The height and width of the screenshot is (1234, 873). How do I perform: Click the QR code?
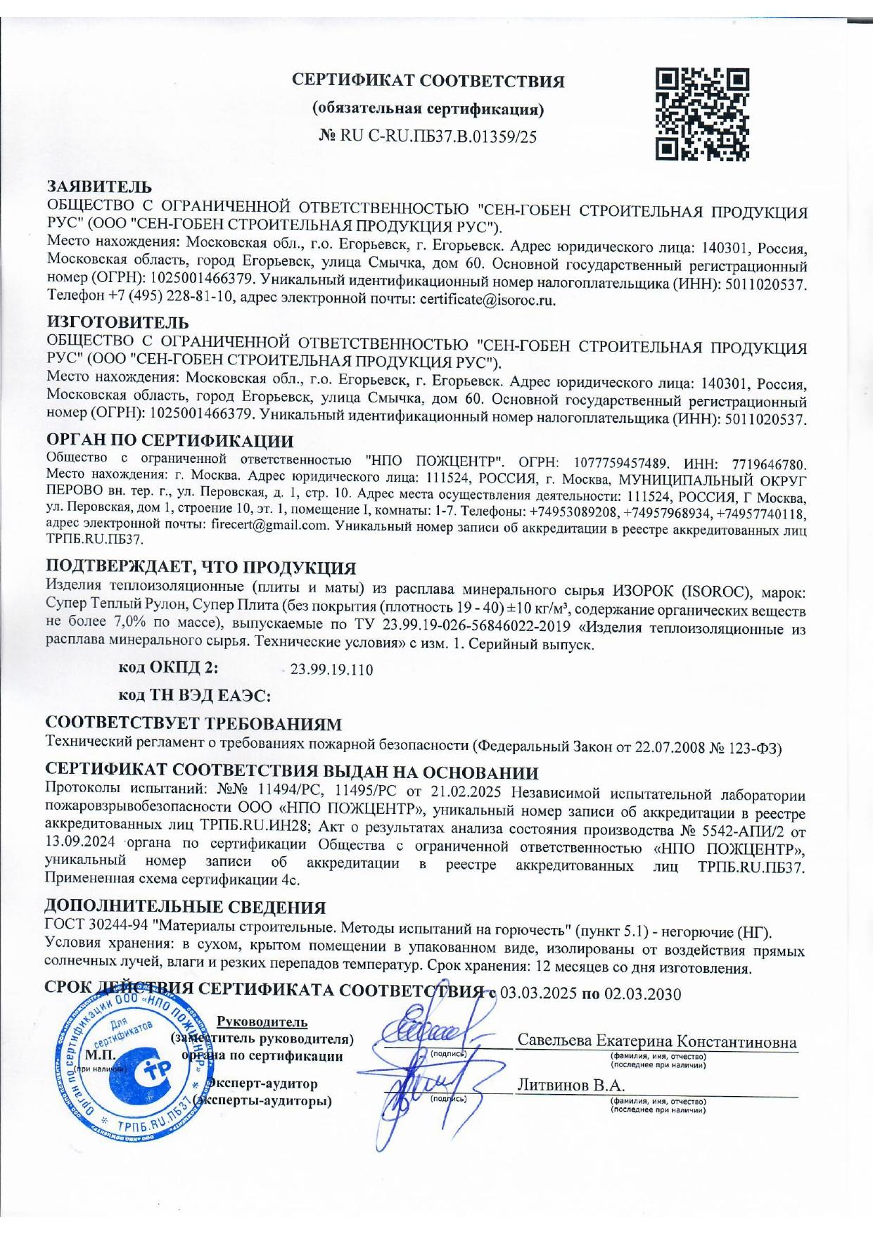[701, 113]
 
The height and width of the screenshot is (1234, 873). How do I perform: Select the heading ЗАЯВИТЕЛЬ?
[98, 186]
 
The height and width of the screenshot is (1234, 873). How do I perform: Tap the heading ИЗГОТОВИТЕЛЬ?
[117, 323]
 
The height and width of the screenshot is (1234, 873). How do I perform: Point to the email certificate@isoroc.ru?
[488, 300]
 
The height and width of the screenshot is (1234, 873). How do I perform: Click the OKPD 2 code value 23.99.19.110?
[331, 670]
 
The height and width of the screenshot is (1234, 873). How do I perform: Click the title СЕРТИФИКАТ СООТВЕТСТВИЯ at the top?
[428, 81]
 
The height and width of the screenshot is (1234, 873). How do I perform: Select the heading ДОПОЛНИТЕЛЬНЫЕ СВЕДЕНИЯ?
[185, 907]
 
